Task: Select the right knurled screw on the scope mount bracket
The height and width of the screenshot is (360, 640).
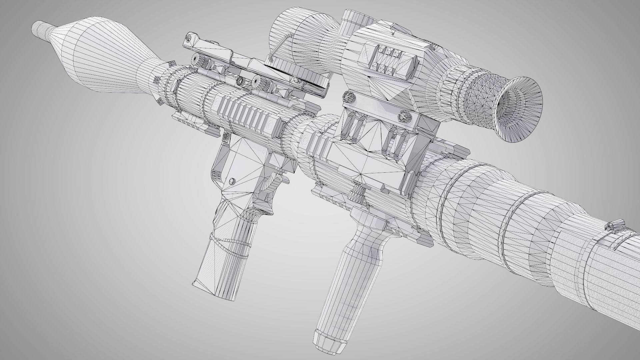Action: point(404,117)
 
